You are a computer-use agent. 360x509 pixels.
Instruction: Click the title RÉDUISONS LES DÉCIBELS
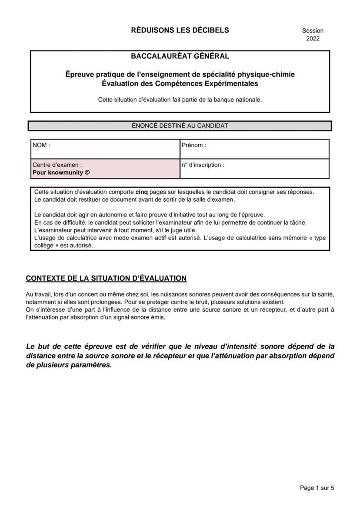click(180, 30)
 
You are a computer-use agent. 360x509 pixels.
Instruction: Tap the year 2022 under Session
click(313, 39)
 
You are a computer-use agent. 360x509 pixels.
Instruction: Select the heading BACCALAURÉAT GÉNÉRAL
click(180, 56)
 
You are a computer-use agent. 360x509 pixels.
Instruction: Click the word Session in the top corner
click(313, 31)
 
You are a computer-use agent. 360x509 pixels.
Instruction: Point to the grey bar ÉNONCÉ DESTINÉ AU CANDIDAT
click(180, 126)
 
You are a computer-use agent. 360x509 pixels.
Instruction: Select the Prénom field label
click(194, 146)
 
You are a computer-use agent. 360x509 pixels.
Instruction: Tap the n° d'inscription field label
click(203, 165)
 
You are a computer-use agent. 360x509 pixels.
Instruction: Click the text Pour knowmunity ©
click(61, 172)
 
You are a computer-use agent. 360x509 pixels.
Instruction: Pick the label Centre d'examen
click(57, 165)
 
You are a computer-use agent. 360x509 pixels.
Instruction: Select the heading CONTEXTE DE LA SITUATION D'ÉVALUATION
click(106, 278)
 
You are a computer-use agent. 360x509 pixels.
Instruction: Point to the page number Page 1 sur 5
click(317, 488)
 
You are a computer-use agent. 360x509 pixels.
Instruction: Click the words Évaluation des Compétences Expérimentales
click(180, 83)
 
